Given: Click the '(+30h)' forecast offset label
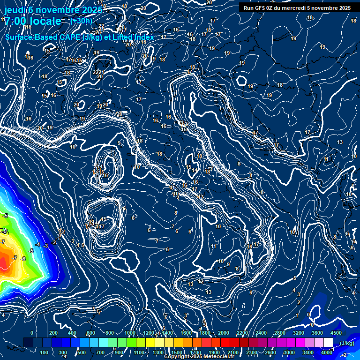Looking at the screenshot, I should coord(81,21).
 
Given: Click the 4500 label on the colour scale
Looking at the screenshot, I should coord(336,333).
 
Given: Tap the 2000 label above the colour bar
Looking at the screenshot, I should coord(224,333).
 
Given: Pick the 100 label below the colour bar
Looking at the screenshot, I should coord(45,352).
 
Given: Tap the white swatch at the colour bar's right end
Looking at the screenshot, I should coord(328,343).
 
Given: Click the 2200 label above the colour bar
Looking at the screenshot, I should coord(242,333).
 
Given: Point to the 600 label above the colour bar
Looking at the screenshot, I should coord(90,333).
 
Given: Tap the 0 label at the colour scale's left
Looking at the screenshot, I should coord(32,333).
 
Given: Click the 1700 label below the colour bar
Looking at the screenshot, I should coord(195,352).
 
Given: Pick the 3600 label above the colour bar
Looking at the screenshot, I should coord(317,333).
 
